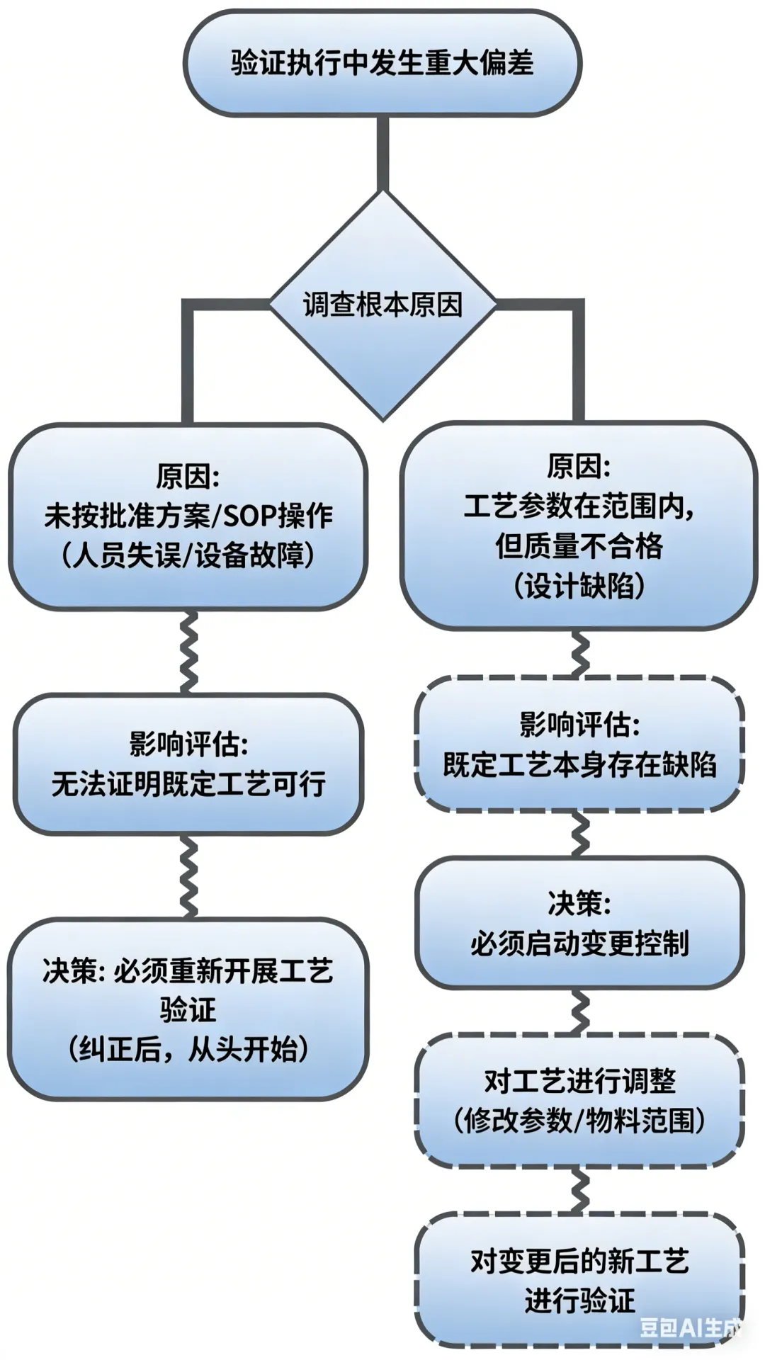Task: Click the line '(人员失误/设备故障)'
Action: tap(188, 555)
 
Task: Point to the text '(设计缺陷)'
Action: tap(579, 586)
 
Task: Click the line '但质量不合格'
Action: tap(579, 546)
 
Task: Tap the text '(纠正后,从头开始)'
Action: tap(188, 1049)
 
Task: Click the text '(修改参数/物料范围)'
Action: tap(579, 1121)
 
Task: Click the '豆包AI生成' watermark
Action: tap(691, 1327)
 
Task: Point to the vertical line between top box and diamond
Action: tap(382, 152)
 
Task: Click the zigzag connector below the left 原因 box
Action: tap(188, 652)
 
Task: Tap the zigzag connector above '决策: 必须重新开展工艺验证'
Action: tap(188, 877)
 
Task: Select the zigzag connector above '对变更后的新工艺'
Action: tap(580, 1190)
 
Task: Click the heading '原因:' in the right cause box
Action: tap(579, 467)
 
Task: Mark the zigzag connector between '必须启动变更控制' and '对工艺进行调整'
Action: tap(580, 1011)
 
